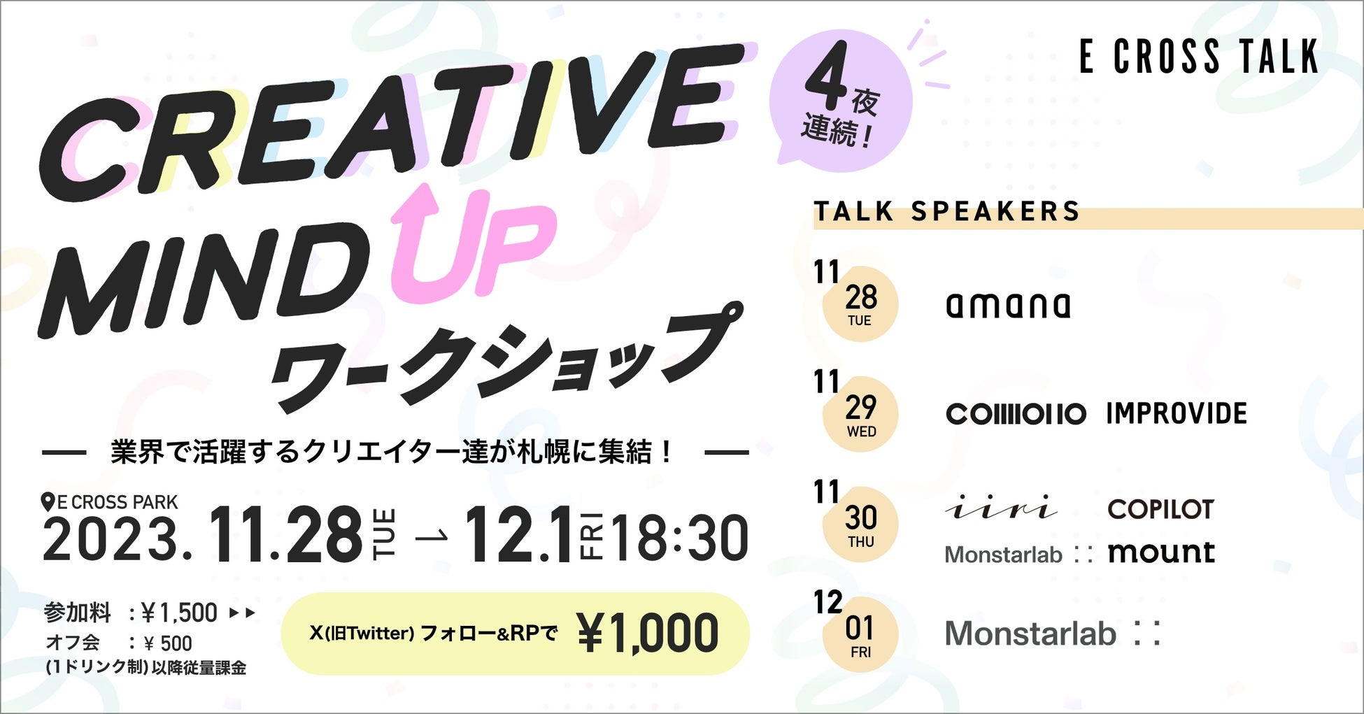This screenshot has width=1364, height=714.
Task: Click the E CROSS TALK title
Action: [1199, 57]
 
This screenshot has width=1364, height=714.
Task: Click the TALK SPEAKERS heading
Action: [947, 211]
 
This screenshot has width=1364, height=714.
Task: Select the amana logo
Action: [1008, 304]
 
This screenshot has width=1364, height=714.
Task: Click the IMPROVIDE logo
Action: [1177, 414]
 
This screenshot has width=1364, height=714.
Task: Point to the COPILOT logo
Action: [1160, 509]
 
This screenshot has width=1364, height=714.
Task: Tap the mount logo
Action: [1161, 552]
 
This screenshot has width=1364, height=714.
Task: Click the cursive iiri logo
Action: [1001, 508]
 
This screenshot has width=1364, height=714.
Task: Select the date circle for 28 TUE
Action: [860, 304]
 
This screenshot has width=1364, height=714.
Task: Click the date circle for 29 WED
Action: [860, 414]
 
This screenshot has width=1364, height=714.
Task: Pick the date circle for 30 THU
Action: [860, 524]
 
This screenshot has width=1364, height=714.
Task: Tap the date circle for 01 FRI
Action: [860, 635]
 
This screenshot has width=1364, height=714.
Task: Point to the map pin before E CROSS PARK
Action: [48, 502]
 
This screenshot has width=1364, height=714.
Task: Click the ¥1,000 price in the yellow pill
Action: [648, 634]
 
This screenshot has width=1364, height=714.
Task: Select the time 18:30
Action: [680, 538]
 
